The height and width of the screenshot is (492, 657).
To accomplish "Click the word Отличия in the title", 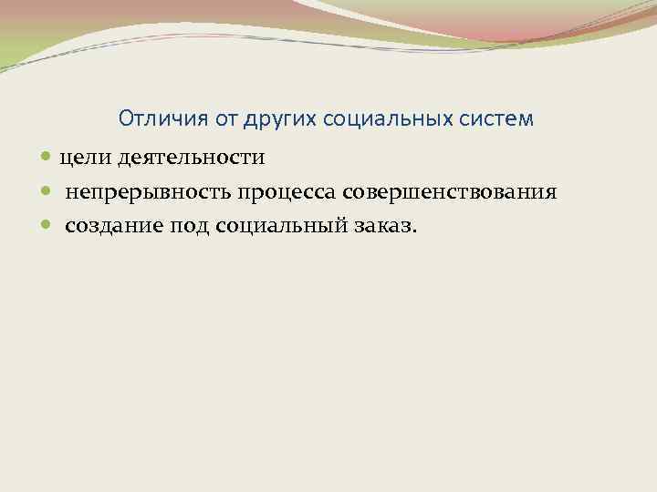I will click(x=153, y=119).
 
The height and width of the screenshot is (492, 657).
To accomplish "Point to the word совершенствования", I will click(x=448, y=192).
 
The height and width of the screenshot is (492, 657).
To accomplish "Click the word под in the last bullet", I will click(x=191, y=226).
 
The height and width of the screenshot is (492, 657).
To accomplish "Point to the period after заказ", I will click(x=412, y=231).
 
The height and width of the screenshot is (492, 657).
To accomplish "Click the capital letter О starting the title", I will click(x=126, y=119).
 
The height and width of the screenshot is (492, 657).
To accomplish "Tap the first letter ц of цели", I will click(x=65, y=159).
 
